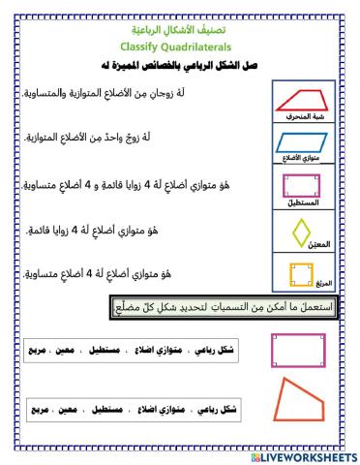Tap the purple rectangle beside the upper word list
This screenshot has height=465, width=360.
(298, 351)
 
